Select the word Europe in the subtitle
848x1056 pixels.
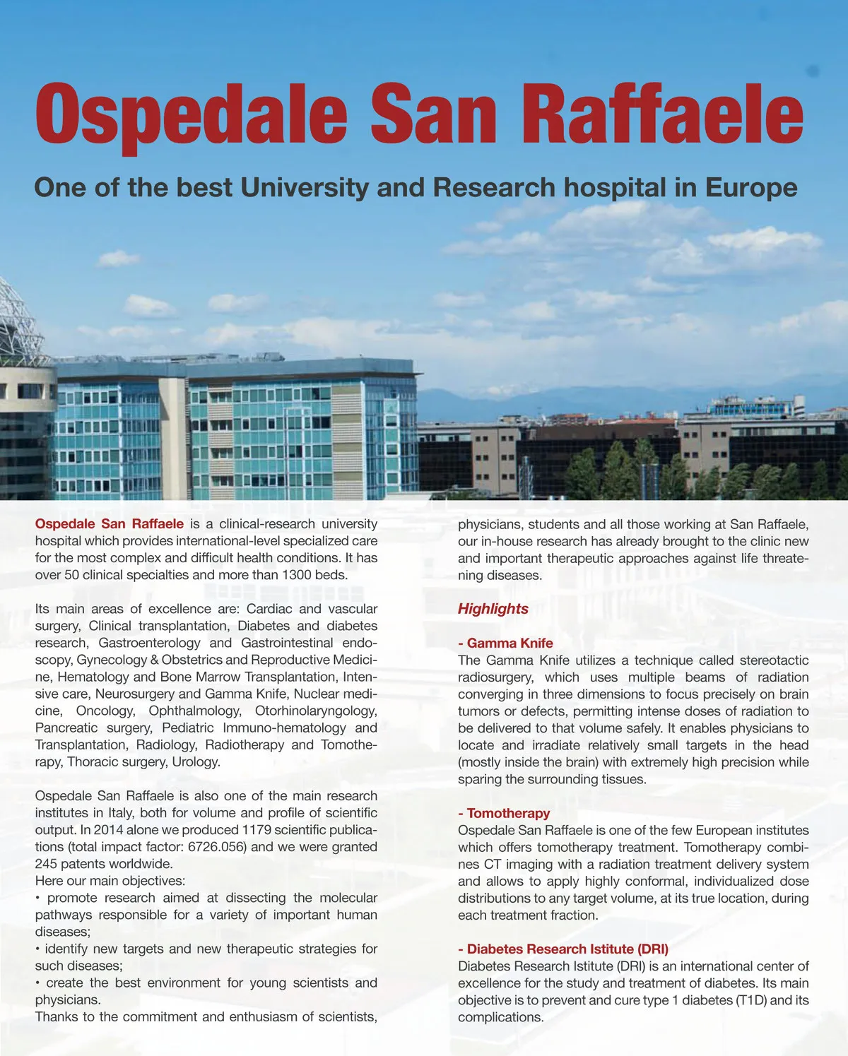click(x=750, y=188)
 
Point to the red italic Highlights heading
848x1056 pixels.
click(x=493, y=609)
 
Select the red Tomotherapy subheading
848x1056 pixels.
click(x=508, y=813)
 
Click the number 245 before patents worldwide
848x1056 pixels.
click(x=46, y=864)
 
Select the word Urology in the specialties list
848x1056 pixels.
click(x=197, y=762)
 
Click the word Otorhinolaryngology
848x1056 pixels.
click(x=316, y=711)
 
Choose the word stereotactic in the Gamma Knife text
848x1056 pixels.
click(x=775, y=660)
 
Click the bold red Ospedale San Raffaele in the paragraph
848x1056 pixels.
click(x=110, y=524)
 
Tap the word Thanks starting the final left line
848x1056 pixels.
click(x=57, y=1017)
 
